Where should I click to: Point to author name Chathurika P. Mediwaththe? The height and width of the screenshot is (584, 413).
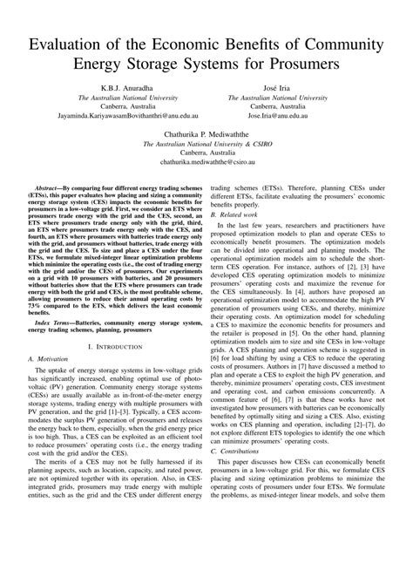(206, 133)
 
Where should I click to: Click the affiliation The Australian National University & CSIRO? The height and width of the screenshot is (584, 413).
(206, 145)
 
